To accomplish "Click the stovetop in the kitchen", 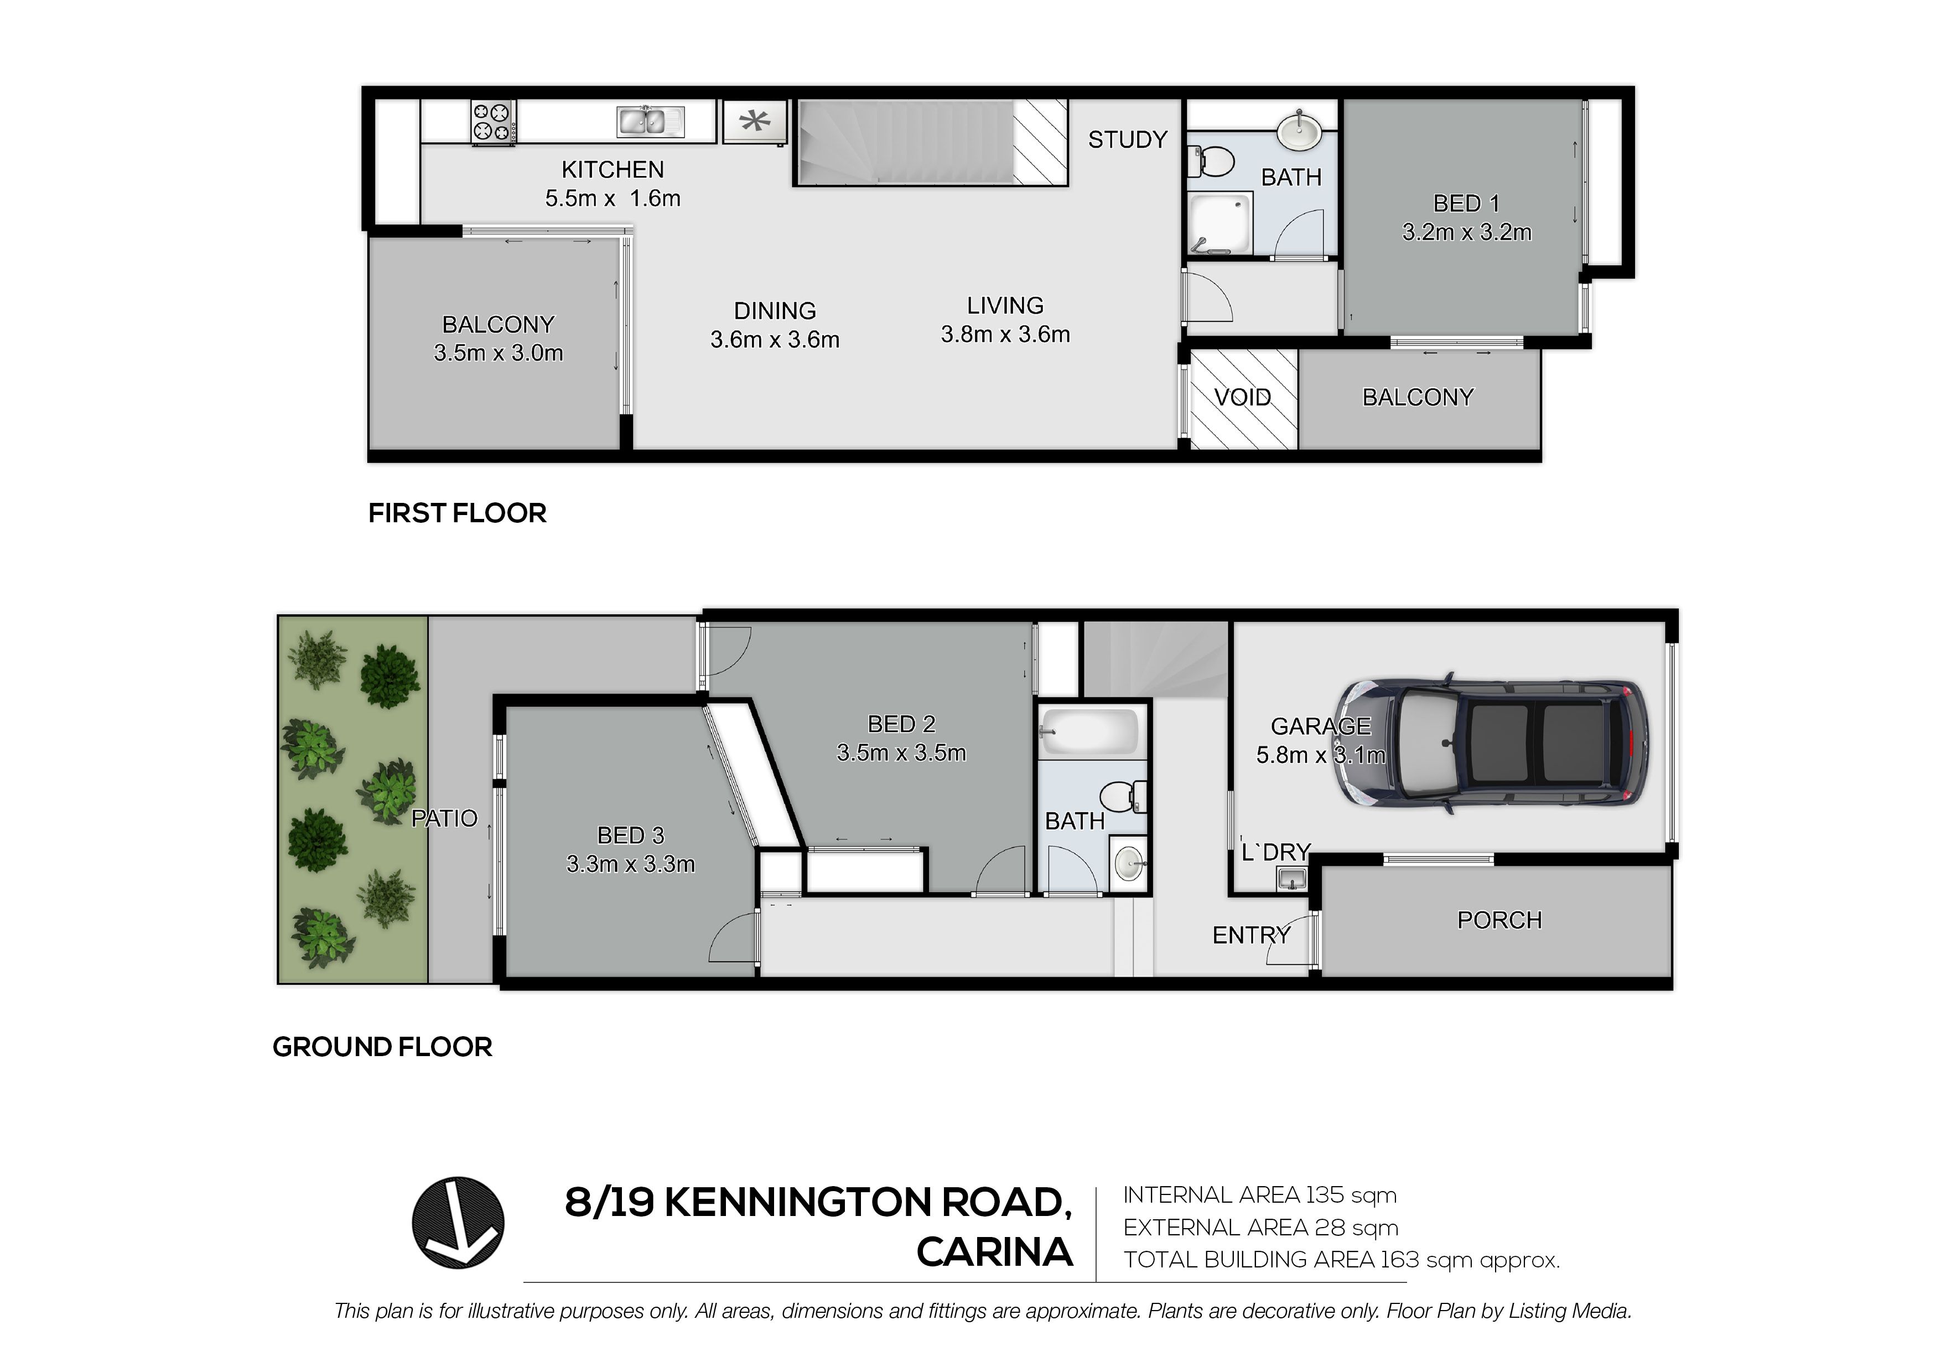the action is click(493, 122).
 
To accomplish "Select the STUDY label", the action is click(1128, 139).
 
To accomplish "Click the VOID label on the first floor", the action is click(1243, 397).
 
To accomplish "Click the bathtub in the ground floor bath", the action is click(1091, 731).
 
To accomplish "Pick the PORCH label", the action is click(1499, 920).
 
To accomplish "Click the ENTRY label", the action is click(1251, 935).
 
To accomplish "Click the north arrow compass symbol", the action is click(458, 1223).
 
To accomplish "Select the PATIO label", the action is click(445, 818).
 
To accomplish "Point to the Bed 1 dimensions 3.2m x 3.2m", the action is click(1467, 232).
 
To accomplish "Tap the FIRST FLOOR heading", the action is click(458, 513).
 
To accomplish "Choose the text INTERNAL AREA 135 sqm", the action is click(1260, 1196).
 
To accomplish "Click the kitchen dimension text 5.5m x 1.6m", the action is click(613, 199).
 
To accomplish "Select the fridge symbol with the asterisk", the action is click(755, 122).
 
